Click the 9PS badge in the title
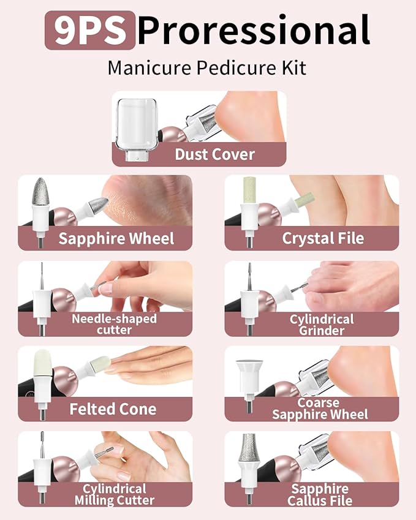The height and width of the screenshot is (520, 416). [89, 31]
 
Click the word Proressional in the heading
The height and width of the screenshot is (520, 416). [253, 31]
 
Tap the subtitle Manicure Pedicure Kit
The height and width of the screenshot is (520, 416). [207, 67]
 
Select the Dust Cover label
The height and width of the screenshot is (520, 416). [214, 154]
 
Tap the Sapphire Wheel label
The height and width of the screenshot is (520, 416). [116, 238]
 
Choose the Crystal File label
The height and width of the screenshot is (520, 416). [323, 238]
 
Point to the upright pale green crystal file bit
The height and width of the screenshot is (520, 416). [248, 191]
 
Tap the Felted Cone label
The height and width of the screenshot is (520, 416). [113, 409]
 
